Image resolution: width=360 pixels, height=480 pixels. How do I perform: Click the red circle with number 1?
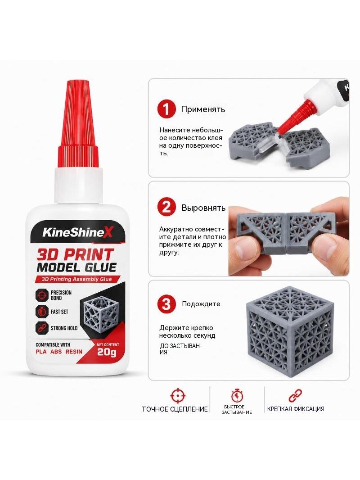point(166,109)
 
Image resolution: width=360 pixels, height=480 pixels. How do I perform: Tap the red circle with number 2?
point(166,208)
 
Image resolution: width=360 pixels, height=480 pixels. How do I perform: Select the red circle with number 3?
point(166,304)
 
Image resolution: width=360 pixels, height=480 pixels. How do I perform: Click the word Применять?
point(203,109)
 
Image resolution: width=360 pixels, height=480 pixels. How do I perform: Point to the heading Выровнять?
point(203,208)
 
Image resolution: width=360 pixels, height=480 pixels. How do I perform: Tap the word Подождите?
point(201,304)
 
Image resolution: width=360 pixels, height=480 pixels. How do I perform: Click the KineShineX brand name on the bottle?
point(78,232)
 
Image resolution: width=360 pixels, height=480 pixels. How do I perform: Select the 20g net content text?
point(107,353)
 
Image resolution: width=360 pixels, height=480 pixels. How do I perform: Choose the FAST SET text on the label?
point(59,312)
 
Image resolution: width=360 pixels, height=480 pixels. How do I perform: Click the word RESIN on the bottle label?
point(74,351)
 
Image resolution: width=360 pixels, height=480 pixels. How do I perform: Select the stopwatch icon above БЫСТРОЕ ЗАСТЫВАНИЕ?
point(237,395)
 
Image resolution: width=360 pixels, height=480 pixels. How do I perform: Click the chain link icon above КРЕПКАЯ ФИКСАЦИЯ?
point(296,396)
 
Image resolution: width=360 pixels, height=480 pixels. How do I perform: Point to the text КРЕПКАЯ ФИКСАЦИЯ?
point(296,409)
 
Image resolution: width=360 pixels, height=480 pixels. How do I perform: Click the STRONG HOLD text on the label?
point(64,328)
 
